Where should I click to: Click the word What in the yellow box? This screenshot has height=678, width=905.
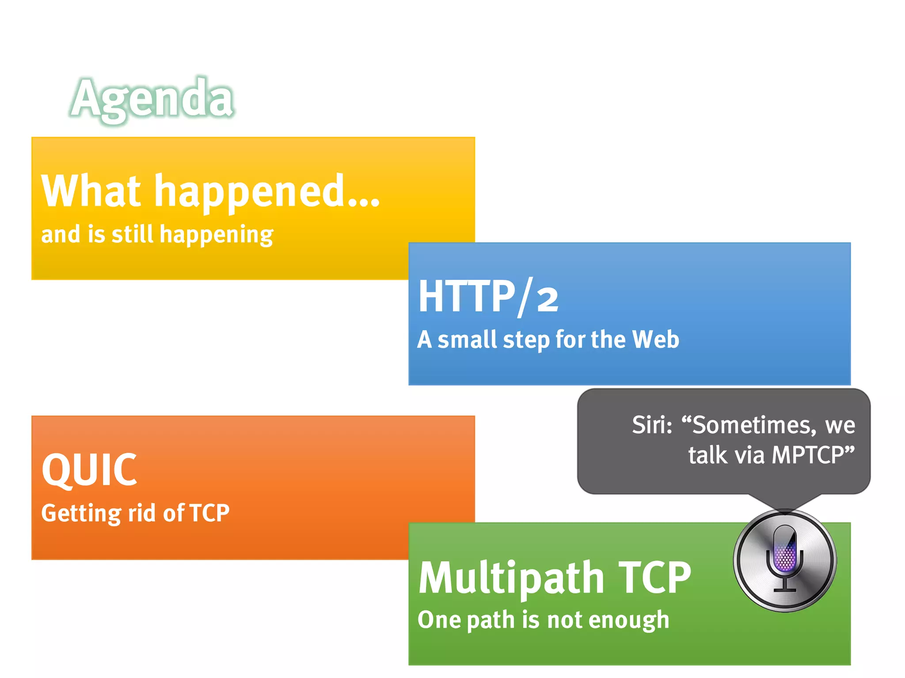91,191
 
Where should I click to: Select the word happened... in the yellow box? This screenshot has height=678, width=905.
267,192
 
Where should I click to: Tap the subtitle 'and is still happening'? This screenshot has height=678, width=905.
157,234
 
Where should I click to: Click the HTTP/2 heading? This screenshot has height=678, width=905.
488,297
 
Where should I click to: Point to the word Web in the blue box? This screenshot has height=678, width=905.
655,339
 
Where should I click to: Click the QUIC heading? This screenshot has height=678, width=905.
89,471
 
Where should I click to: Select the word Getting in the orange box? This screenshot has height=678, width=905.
81,513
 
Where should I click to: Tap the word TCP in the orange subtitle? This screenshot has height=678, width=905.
209,513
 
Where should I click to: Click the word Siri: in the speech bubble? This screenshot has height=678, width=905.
652,425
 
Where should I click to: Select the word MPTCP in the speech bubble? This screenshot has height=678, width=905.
806,455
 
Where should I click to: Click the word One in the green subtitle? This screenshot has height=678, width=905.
439,620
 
